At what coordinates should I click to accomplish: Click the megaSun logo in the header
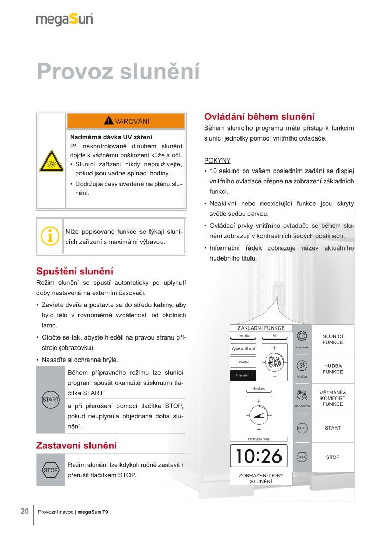[64, 19]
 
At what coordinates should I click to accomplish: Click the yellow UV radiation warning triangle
[52, 160]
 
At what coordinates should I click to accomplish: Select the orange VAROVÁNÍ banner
[126, 121]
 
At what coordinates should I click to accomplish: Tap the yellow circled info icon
[50, 236]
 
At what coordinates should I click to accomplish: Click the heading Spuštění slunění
[75, 272]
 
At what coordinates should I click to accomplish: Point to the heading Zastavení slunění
[76, 445]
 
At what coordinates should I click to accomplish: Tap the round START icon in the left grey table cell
[51, 400]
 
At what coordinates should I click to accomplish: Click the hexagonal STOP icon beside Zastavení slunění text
[51, 470]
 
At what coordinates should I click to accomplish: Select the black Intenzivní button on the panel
[243, 375]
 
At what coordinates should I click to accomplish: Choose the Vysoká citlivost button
[243, 348]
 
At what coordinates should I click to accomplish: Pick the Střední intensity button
[243, 362]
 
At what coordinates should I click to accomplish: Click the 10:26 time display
[259, 456]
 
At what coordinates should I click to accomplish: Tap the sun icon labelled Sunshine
[302, 336]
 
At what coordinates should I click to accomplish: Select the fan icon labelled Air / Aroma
[302, 395]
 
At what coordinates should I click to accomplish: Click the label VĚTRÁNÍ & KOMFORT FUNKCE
[333, 398]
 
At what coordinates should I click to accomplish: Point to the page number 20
[25, 511]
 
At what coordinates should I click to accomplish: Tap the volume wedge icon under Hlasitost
[259, 416]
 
